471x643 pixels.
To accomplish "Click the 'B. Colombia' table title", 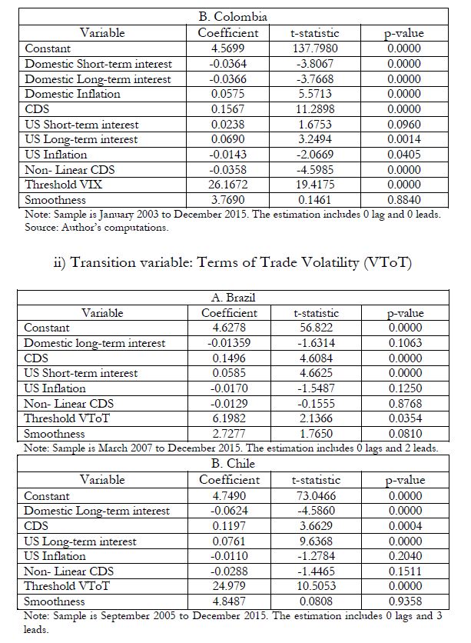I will coord(234,17).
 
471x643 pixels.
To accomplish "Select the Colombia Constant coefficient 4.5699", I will coord(228,48).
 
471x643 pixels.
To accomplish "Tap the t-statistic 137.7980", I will coord(315,48).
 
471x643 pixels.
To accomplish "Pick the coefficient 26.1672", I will coord(228,184).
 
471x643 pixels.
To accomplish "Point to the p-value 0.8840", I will coord(403,199).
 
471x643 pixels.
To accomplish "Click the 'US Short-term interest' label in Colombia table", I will coord(81,124).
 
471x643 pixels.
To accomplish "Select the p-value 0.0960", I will coord(403,124).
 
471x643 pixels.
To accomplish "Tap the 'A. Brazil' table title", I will coord(233,298).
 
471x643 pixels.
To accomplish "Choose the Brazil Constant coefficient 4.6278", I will coord(230,328).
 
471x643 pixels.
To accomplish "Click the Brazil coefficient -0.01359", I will coord(230,343).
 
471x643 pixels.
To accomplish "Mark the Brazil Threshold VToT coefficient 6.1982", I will coord(230,418).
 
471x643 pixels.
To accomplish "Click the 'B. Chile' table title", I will coord(233,464).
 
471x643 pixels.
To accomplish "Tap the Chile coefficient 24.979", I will coord(229,586).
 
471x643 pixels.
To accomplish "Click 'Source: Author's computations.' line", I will coord(97,227).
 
